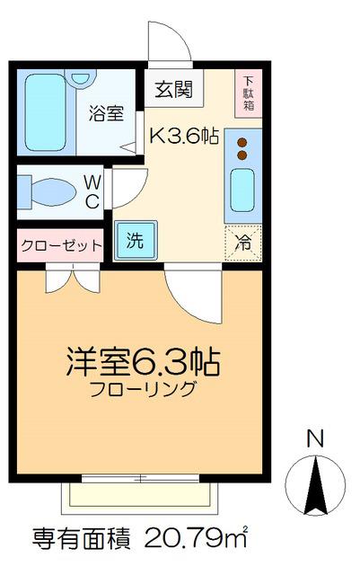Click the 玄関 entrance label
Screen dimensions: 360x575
coord(173,89)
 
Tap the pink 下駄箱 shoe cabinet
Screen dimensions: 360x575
coord(249,93)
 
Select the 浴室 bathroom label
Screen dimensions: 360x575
coord(106,113)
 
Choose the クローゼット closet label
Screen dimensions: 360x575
coord(61,245)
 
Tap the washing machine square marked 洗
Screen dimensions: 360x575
coord(136,240)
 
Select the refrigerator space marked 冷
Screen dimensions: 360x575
coord(243,243)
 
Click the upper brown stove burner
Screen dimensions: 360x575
coord(242,142)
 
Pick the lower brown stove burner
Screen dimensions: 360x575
coord(242,155)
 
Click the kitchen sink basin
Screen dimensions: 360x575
coord(242,190)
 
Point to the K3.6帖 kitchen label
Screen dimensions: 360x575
coord(184,137)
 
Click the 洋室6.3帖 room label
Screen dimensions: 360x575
coord(143,361)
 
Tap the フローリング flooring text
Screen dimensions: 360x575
coord(142,389)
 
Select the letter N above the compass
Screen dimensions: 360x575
coord(315,438)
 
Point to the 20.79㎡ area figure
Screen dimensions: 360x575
coord(196,537)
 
